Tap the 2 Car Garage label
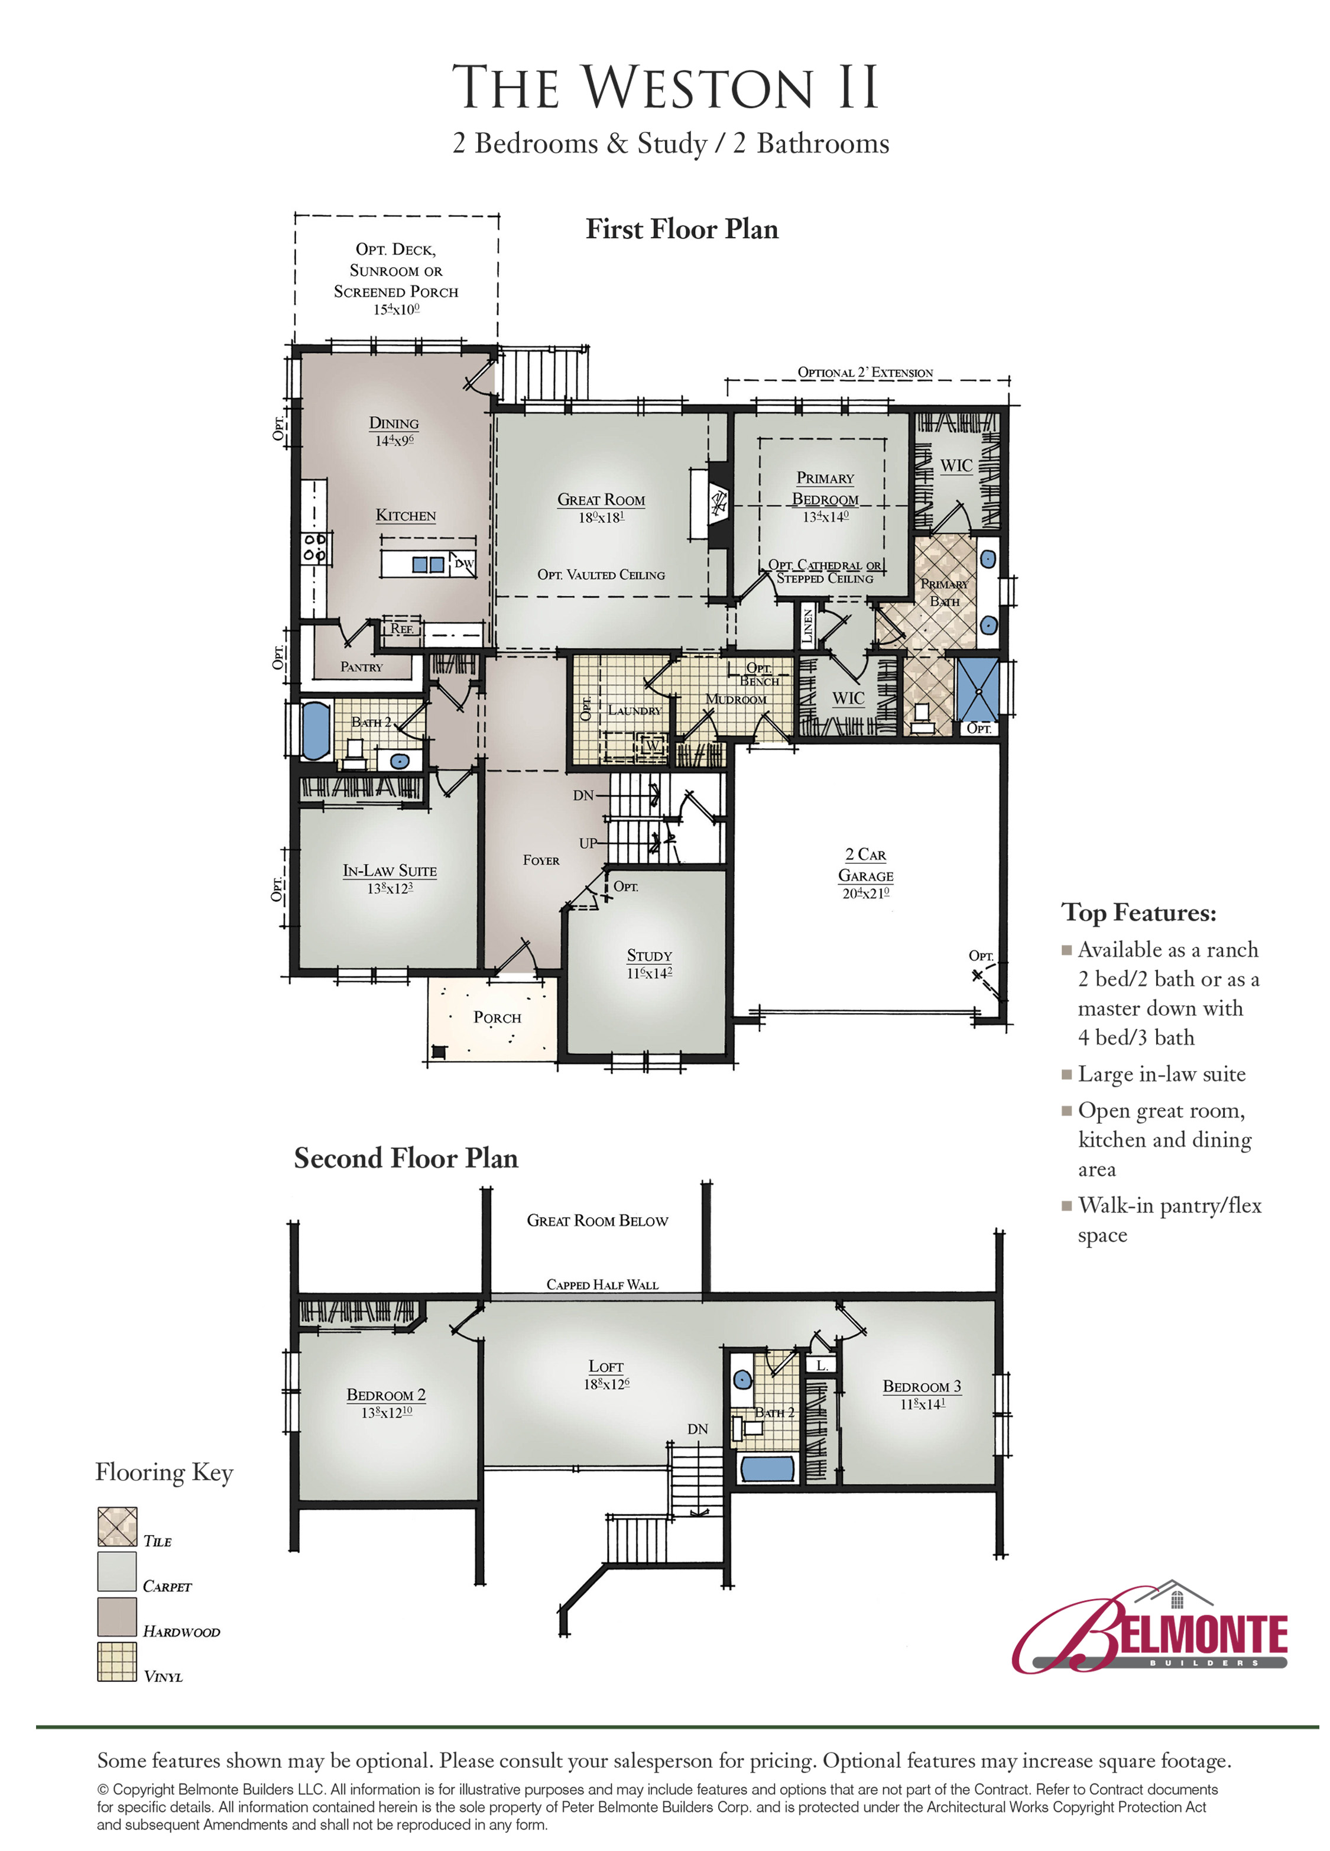(x=866, y=864)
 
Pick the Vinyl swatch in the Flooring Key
(x=116, y=1661)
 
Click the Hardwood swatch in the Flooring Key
(x=116, y=1616)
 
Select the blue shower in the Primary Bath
(x=977, y=689)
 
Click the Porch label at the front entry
(x=497, y=1017)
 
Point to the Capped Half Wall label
(x=602, y=1284)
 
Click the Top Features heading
(x=1138, y=912)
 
